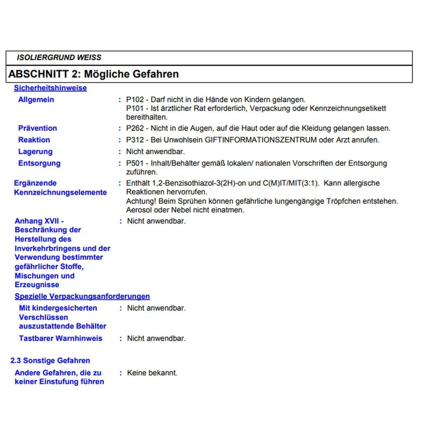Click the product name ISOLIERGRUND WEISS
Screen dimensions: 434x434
click(x=59, y=58)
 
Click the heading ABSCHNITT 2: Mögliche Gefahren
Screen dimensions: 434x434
click(x=94, y=74)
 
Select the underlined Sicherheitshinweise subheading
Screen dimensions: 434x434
click(x=50, y=88)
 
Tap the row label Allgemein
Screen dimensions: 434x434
click(x=36, y=99)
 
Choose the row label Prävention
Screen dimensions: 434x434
click(x=38, y=128)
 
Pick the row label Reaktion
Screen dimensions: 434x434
click(x=34, y=140)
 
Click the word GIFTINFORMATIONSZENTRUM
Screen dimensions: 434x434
click(x=261, y=140)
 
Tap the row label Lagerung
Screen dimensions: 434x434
click(x=35, y=152)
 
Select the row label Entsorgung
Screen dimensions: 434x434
click(x=39, y=164)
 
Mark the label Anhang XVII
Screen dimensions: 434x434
click(x=39, y=221)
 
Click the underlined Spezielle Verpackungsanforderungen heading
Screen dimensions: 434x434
click(x=82, y=297)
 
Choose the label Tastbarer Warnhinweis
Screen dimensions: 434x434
click(x=61, y=339)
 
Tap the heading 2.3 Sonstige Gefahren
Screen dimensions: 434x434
click(x=50, y=361)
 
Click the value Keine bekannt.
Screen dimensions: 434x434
click(x=152, y=373)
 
